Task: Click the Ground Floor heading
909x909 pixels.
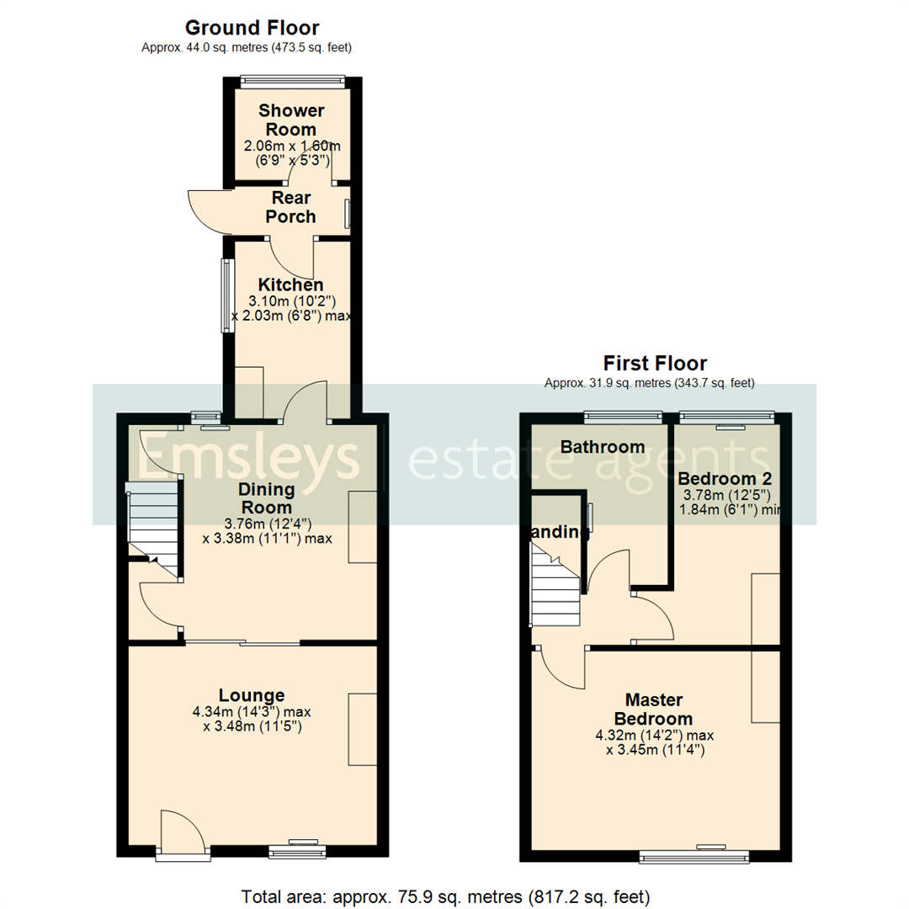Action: coord(252,29)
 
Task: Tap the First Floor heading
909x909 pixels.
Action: coord(655,364)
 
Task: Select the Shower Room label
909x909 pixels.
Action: coord(291,120)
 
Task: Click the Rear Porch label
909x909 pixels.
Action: coord(290,207)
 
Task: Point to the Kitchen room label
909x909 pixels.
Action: coord(290,285)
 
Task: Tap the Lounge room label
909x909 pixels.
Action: coord(252,695)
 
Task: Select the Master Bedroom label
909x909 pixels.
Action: coord(653,709)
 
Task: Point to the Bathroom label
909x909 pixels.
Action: coord(603,447)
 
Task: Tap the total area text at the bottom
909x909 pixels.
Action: coord(445,895)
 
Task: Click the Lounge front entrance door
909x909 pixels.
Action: coord(183,836)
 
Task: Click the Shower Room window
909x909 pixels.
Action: coord(292,82)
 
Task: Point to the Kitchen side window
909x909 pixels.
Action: coord(226,295)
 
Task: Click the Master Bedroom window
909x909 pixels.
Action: coord(694,856)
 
